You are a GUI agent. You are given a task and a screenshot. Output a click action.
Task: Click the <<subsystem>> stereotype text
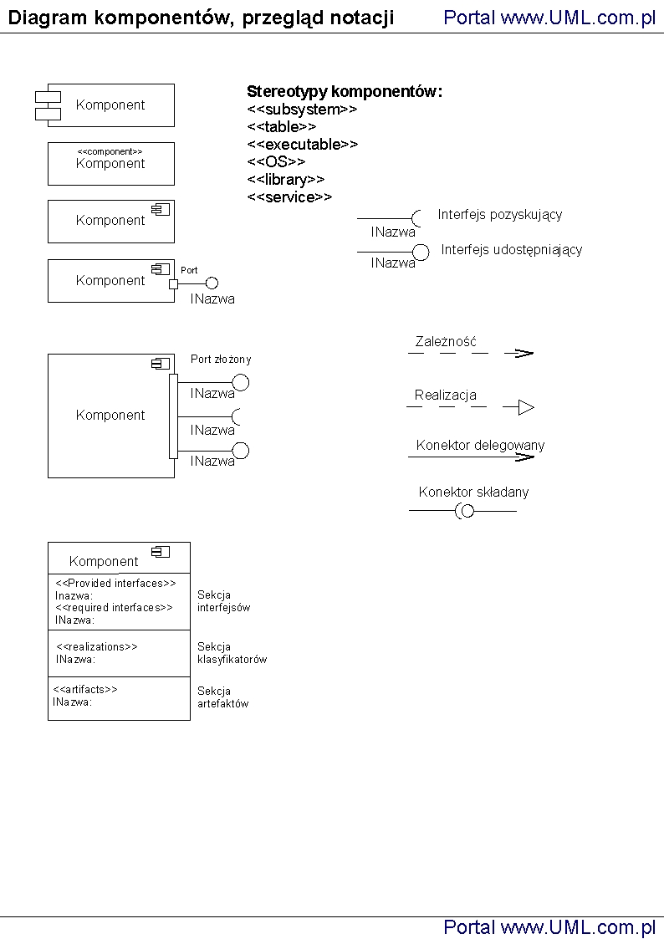coord(302,110)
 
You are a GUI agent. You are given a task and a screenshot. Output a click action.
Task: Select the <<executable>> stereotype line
coord(302,145)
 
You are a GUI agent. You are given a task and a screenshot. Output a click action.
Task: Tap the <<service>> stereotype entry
coord(289,197)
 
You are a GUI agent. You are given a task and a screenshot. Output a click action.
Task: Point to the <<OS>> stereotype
coord(276,162)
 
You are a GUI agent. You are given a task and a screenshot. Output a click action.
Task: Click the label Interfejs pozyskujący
coord(499,215)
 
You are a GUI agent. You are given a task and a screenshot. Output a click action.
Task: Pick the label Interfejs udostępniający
coord(511,250)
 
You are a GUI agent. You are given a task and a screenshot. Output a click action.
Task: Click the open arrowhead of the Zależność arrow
coord(524,353)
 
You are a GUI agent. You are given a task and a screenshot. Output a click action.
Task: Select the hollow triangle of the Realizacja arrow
coord(525,408)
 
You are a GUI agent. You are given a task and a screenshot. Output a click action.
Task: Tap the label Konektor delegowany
coord(480,446)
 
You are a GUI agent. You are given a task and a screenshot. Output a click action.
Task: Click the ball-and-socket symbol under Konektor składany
coord(465,511)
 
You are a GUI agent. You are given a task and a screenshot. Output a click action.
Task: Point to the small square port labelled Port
coord(174,283)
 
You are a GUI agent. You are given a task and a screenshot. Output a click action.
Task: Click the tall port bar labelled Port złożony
coord(173,416)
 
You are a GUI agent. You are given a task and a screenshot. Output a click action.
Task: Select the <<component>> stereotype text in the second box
coord(110,151)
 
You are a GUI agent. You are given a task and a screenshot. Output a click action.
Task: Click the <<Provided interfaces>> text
coord(115,584)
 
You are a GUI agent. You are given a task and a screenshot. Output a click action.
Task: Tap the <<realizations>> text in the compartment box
coord(96,646)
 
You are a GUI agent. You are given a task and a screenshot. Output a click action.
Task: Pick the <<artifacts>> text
coord(85,690)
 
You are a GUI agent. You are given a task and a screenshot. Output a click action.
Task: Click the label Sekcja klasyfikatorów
coord(232,653)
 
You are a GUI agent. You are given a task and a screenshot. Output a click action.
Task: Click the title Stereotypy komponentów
coord(344,91)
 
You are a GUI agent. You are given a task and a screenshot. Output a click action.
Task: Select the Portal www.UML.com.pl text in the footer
coord(549,926)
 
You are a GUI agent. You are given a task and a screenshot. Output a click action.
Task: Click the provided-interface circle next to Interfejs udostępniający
coord(421,252)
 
